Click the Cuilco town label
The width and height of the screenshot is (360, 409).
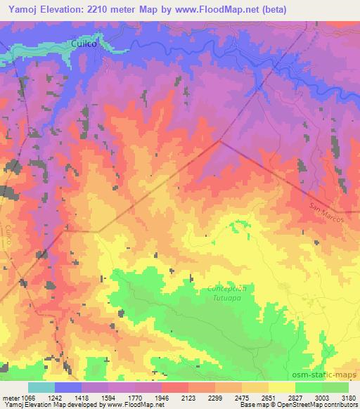click(84, 44)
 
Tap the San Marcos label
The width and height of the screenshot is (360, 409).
click(325, 209)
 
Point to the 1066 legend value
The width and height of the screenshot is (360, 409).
click(29, 398)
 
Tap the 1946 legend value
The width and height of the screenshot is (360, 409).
click(162, 398)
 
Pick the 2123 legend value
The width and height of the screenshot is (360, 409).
click(189, 398)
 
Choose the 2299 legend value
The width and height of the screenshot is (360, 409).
click(216, 398)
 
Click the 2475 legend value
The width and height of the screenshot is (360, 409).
click(242, 398)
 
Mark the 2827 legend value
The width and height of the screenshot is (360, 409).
click(295, 398)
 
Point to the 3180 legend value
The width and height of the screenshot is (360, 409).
click(348, 398)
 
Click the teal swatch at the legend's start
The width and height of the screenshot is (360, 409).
click(41, 387)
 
